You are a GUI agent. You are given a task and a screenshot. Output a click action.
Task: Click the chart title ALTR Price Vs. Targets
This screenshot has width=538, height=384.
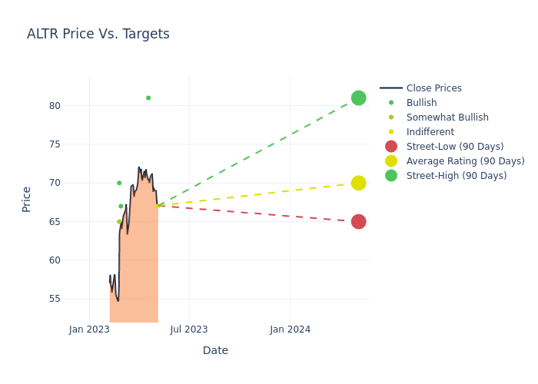click(x=98, y=35)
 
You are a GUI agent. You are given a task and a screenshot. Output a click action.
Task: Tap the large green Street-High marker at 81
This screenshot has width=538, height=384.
click(x=358, y=98)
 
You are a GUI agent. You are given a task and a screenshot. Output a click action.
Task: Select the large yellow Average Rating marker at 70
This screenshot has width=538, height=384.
click(x=358, y=183)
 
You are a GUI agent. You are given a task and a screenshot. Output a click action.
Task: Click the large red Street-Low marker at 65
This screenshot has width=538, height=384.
click(x=358, y=221)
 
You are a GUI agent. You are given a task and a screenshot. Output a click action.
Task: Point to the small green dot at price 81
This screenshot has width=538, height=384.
click(x=148, y=98)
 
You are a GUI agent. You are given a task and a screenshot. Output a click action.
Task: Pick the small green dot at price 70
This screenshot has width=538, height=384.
click(x=119, y=183)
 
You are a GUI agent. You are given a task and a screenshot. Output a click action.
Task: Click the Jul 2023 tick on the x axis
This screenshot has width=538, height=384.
click(x=189, y=329)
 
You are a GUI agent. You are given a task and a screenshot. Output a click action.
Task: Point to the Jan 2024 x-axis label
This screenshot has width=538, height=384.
click(x=291, y=329)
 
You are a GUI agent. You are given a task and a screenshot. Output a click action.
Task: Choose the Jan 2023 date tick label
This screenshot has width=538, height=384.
click(x=89, y=329)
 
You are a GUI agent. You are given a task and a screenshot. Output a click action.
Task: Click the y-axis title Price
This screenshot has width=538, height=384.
click(x=27, y=199)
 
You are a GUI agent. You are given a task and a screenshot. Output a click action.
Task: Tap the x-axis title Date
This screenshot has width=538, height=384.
click(x=215, y=350)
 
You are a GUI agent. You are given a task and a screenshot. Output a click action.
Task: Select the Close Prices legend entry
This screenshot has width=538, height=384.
click(x=433, y=88)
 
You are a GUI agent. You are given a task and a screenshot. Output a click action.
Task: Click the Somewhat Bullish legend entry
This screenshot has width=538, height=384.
click(x=447, y=118)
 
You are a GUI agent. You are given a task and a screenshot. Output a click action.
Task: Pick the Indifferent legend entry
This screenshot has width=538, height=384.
click(x=430, y=132)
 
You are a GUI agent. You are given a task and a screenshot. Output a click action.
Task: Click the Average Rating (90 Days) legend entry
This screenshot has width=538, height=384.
click(x=465, y=161)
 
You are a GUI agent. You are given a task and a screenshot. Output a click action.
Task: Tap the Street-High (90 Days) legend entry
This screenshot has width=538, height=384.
click(x=457, y=176)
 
